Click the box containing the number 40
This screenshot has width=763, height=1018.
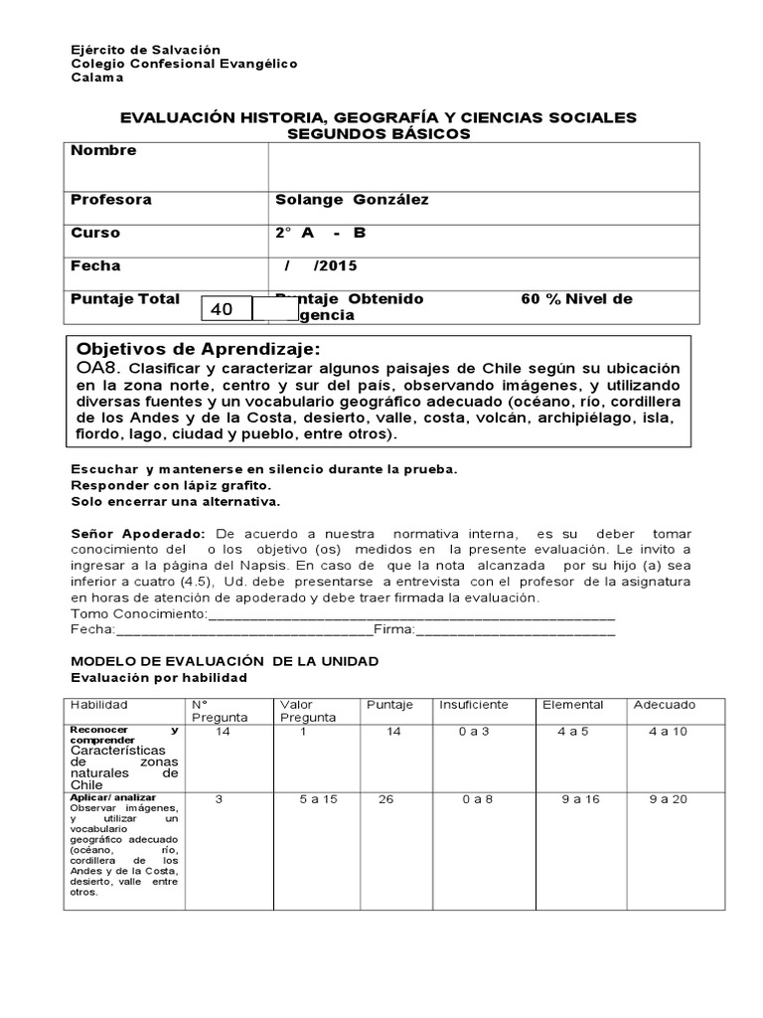tap(227, 309)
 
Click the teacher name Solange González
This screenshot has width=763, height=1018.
tap(352, 200)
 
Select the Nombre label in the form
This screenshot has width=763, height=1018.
tap(103, 151)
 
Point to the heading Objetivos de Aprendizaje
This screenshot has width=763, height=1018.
tap(199, 349)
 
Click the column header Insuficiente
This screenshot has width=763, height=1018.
tap(474, 705)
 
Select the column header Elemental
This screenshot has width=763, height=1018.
tap(572, 705)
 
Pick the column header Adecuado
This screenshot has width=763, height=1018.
tap(665, 705)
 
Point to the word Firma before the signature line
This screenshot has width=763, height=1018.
tap(393, 630)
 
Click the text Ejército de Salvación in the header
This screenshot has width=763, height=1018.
tap(146, 50)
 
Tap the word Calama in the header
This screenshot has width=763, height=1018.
tap(97, 78)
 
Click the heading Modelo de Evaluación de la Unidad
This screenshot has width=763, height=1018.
tap(225, 661)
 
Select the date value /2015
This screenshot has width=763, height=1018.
tap(335, 266)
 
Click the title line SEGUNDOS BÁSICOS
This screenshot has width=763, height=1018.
tap(379, 133)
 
